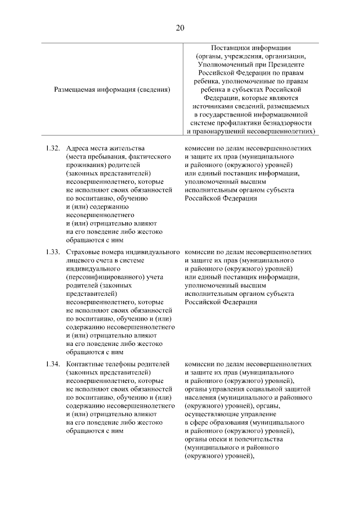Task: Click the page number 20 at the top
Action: [x=179, y=28]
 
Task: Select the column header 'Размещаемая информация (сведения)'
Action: [x=112, y=89]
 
